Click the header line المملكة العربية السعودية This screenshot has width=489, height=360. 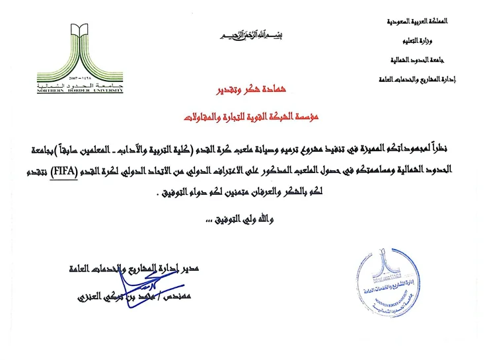pos(420,21)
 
